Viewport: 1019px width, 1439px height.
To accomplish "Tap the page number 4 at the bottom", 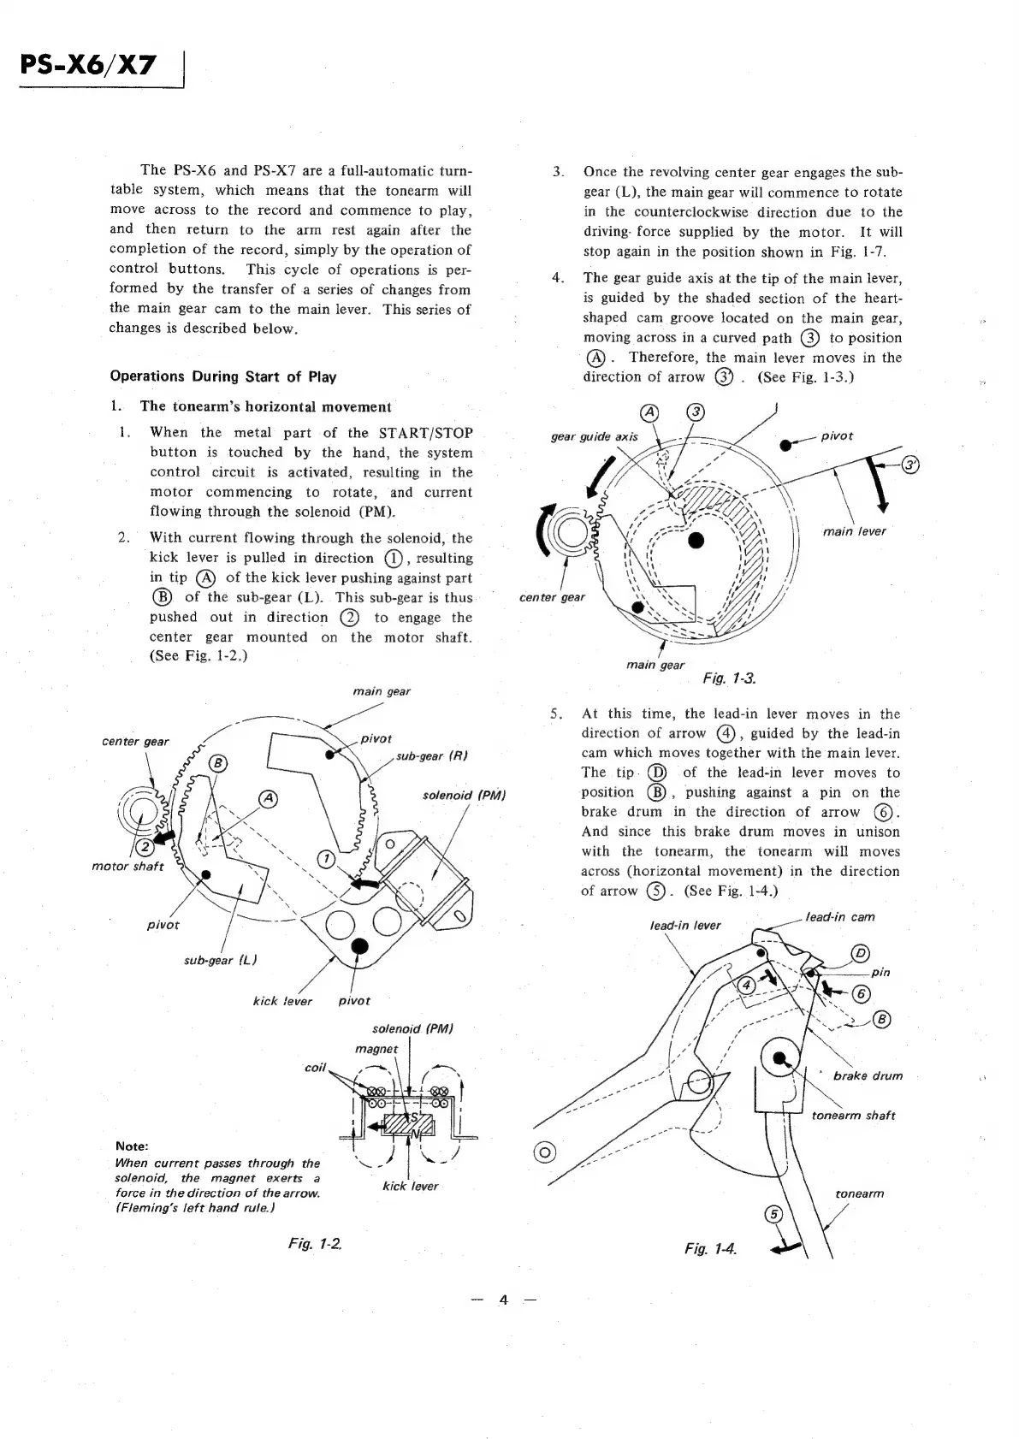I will [504, 1300].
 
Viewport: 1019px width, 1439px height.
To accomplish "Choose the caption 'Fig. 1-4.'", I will [710, 1249].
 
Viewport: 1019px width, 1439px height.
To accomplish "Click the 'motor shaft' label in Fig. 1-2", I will [127, 867].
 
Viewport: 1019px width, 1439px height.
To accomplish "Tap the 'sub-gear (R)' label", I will [431, 756].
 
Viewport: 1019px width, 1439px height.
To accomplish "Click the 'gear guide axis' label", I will [594, 437].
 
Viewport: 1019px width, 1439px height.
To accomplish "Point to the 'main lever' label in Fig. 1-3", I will [854, 531].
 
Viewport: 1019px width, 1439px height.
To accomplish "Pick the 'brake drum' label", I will [868, 1076].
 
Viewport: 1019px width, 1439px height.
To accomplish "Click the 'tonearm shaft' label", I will [853, 1116].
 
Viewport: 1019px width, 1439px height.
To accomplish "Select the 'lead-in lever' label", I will [685, 925].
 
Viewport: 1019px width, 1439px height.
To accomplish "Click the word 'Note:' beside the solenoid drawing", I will [131, 1146].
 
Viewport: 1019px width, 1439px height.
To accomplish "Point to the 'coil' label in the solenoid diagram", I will [316, 1068].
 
